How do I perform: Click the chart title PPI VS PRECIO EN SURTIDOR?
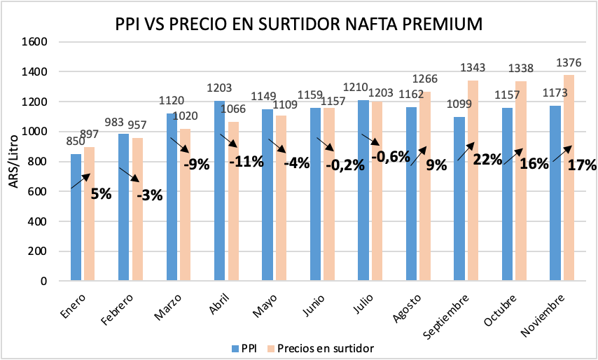point(299,24)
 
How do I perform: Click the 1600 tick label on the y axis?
point(35,41)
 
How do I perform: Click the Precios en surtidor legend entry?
point(321,348)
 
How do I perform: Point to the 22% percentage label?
point(487,160)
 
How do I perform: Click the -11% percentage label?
point(246,162)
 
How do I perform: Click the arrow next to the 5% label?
point(81,180)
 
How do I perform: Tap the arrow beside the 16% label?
point(513,156)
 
